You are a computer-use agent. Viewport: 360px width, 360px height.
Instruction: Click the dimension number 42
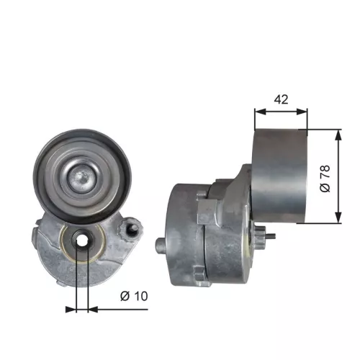[282, 99]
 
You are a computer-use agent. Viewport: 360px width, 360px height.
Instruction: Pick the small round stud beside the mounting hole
[132, 231]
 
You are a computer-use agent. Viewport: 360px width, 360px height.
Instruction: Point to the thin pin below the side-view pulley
[270, 235]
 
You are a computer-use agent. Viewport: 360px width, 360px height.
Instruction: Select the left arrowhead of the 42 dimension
[260, 112]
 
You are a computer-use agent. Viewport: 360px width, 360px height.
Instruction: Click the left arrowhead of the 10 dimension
[73, 310]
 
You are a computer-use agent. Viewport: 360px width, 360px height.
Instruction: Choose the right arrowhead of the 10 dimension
[92, 310]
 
